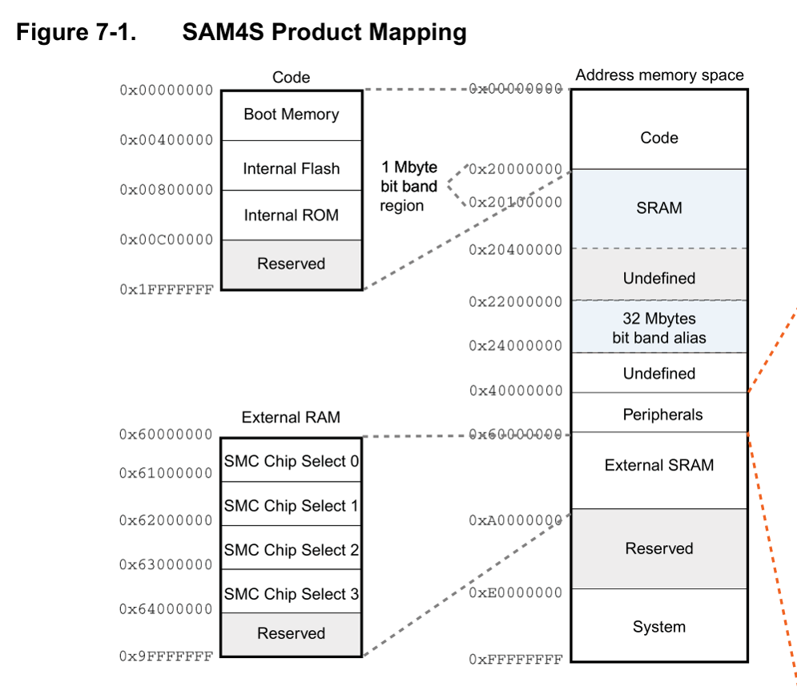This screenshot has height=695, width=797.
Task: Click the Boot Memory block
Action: pyautogui.click(x=292, y=115)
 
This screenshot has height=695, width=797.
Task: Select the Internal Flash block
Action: pyautogui.click(x=292, y=165)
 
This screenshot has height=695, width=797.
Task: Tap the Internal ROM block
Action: pyautogui.click(x=292, y=215)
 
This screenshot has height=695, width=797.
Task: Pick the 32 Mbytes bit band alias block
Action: pyautogui.click(x=659, y=326)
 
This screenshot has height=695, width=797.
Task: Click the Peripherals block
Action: pyautogui.click(x=659, y=413)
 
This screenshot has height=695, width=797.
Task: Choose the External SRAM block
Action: pyautogui.click(x=659, y=471)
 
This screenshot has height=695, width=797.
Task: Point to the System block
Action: pyautogui.click(x=659, y=624)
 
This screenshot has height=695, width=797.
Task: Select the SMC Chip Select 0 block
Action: pyautogui.click(x=291, y=460)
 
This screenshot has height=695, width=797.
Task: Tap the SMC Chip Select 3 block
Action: pyautogui.click(x=291, y=592)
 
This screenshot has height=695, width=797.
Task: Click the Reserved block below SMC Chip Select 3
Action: pyautogui.click(x=291, y=634)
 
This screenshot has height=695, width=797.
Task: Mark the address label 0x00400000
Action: pyautogui.click(x=167, y=140)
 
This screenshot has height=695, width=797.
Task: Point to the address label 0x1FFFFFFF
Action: pyautogui.click(x=167, y=289)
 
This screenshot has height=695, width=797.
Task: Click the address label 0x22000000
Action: pyautogui.click(x=515, y=301)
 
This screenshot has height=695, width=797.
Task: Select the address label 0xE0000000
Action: pyautogui.click(x=515, y=592)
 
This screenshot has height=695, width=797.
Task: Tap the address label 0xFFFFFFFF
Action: pyautogui.click(x=515, y=660)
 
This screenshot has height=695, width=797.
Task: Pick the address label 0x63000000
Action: pyautogui.click(x=166, y=564)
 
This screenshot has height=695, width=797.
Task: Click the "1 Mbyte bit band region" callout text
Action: pyautogui.click(x=409, y=186)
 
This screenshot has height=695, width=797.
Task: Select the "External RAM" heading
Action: pyautogui.click(x=291, y=417)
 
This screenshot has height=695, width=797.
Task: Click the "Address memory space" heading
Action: pyautogui.click(x=659, y=75)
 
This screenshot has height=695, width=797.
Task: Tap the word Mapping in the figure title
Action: pyautogui.click(x=418, y=32)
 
